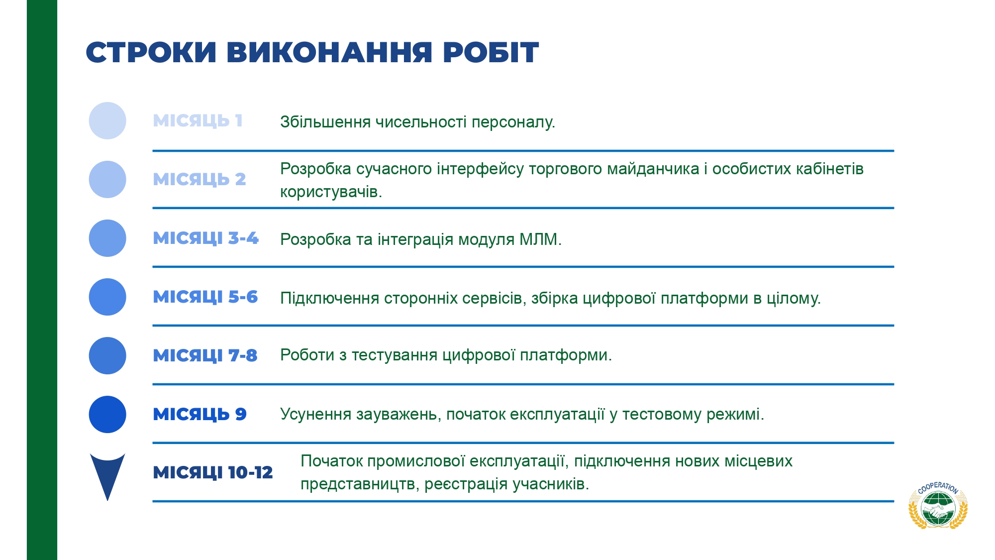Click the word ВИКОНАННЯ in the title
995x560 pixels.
[x=329, y=52]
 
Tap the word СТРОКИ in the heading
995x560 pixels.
[x=151, y=52]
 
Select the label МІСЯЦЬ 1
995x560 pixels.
[x=198, y=120]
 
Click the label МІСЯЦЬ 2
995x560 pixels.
[x=199, y=179]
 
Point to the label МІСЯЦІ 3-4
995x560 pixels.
[x=206, y=238]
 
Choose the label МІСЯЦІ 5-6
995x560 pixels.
[x=205, y=297]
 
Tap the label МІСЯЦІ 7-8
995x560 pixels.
[x=205, y=355]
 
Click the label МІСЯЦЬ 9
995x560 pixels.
[x=200, y=414]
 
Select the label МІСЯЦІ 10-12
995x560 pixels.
[x=213, y=472]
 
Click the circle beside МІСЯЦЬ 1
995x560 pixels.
[x=107, y=120]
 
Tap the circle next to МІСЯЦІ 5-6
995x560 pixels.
[x=107, y=297]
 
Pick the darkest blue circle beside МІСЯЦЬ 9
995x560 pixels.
[x=107, y=414]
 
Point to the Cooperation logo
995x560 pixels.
[x=938, y=505]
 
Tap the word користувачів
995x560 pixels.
[x=331, y=192]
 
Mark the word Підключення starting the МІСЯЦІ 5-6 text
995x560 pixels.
[x=330, y=298]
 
